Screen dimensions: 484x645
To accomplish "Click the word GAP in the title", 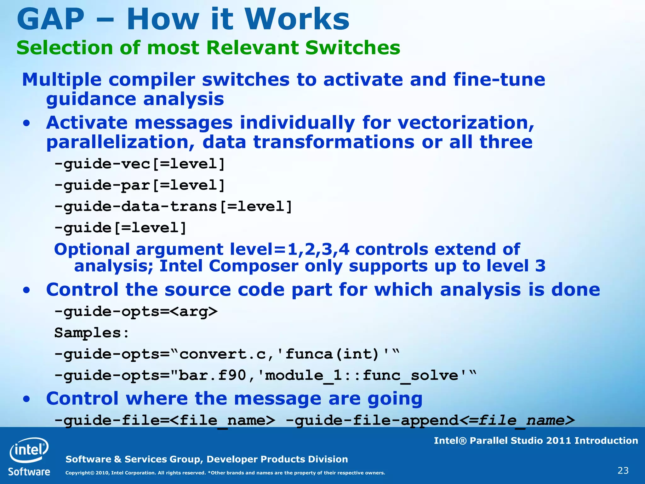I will point(50,20).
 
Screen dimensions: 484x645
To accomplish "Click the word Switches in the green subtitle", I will point(352,48).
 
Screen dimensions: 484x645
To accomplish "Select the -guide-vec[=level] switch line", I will point(140,164).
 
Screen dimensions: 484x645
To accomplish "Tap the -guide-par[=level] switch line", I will point(140,185).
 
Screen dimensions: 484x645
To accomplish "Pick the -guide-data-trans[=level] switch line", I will point(173,207).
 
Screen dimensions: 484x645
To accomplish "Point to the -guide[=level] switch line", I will point(120,228).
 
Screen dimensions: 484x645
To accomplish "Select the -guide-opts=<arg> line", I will point(136,312).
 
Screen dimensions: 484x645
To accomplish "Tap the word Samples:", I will point(92,333).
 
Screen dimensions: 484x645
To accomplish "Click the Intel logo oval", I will point(29,450).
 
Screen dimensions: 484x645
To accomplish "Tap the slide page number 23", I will point(623,471).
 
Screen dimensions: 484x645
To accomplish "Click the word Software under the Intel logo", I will point(29,472).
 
